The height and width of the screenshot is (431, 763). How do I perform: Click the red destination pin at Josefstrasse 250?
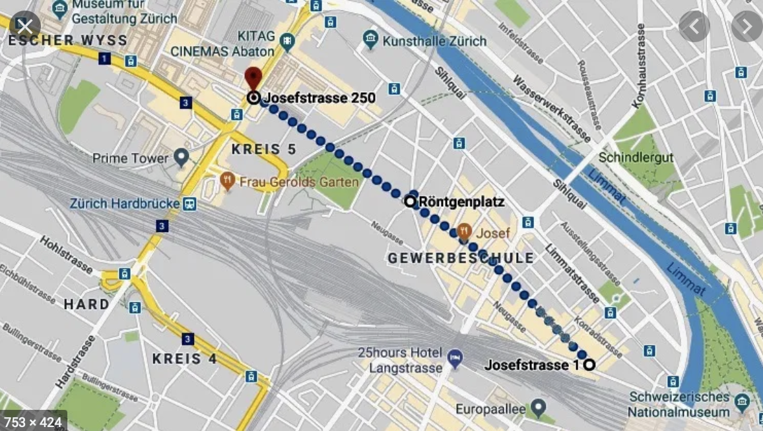253,77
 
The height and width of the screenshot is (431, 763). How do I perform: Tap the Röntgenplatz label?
461,202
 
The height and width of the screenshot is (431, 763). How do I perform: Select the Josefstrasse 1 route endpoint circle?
589,364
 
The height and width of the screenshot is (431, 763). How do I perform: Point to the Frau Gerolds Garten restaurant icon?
228,181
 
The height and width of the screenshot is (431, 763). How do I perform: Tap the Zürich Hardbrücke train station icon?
190,204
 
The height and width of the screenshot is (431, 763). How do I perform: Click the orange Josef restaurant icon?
465,232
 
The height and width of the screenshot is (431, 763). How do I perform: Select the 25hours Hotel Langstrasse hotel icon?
455,358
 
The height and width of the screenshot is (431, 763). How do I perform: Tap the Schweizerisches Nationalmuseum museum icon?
743,401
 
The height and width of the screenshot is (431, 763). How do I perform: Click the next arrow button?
746,26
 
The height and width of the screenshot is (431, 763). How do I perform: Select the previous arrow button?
694,26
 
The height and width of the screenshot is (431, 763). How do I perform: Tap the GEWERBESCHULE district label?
461,258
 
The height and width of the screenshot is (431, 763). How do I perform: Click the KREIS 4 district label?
185,359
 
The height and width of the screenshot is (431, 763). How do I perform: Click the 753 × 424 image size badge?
33,420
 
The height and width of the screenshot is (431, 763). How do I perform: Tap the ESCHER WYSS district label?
67,41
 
